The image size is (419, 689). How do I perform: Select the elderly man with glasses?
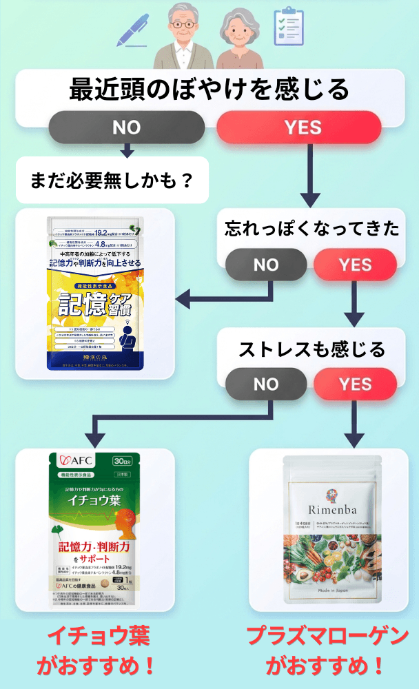pos(182,38)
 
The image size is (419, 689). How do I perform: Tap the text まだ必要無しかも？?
pos(111,182)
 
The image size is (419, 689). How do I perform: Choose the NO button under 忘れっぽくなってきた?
pos(265,265)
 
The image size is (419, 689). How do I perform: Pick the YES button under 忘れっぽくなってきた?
pos(354,265)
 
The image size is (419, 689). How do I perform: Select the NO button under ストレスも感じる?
pos(265,384)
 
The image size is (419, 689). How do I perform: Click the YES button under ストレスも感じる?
pos(354,384)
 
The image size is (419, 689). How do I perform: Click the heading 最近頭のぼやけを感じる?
pos(209,90)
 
